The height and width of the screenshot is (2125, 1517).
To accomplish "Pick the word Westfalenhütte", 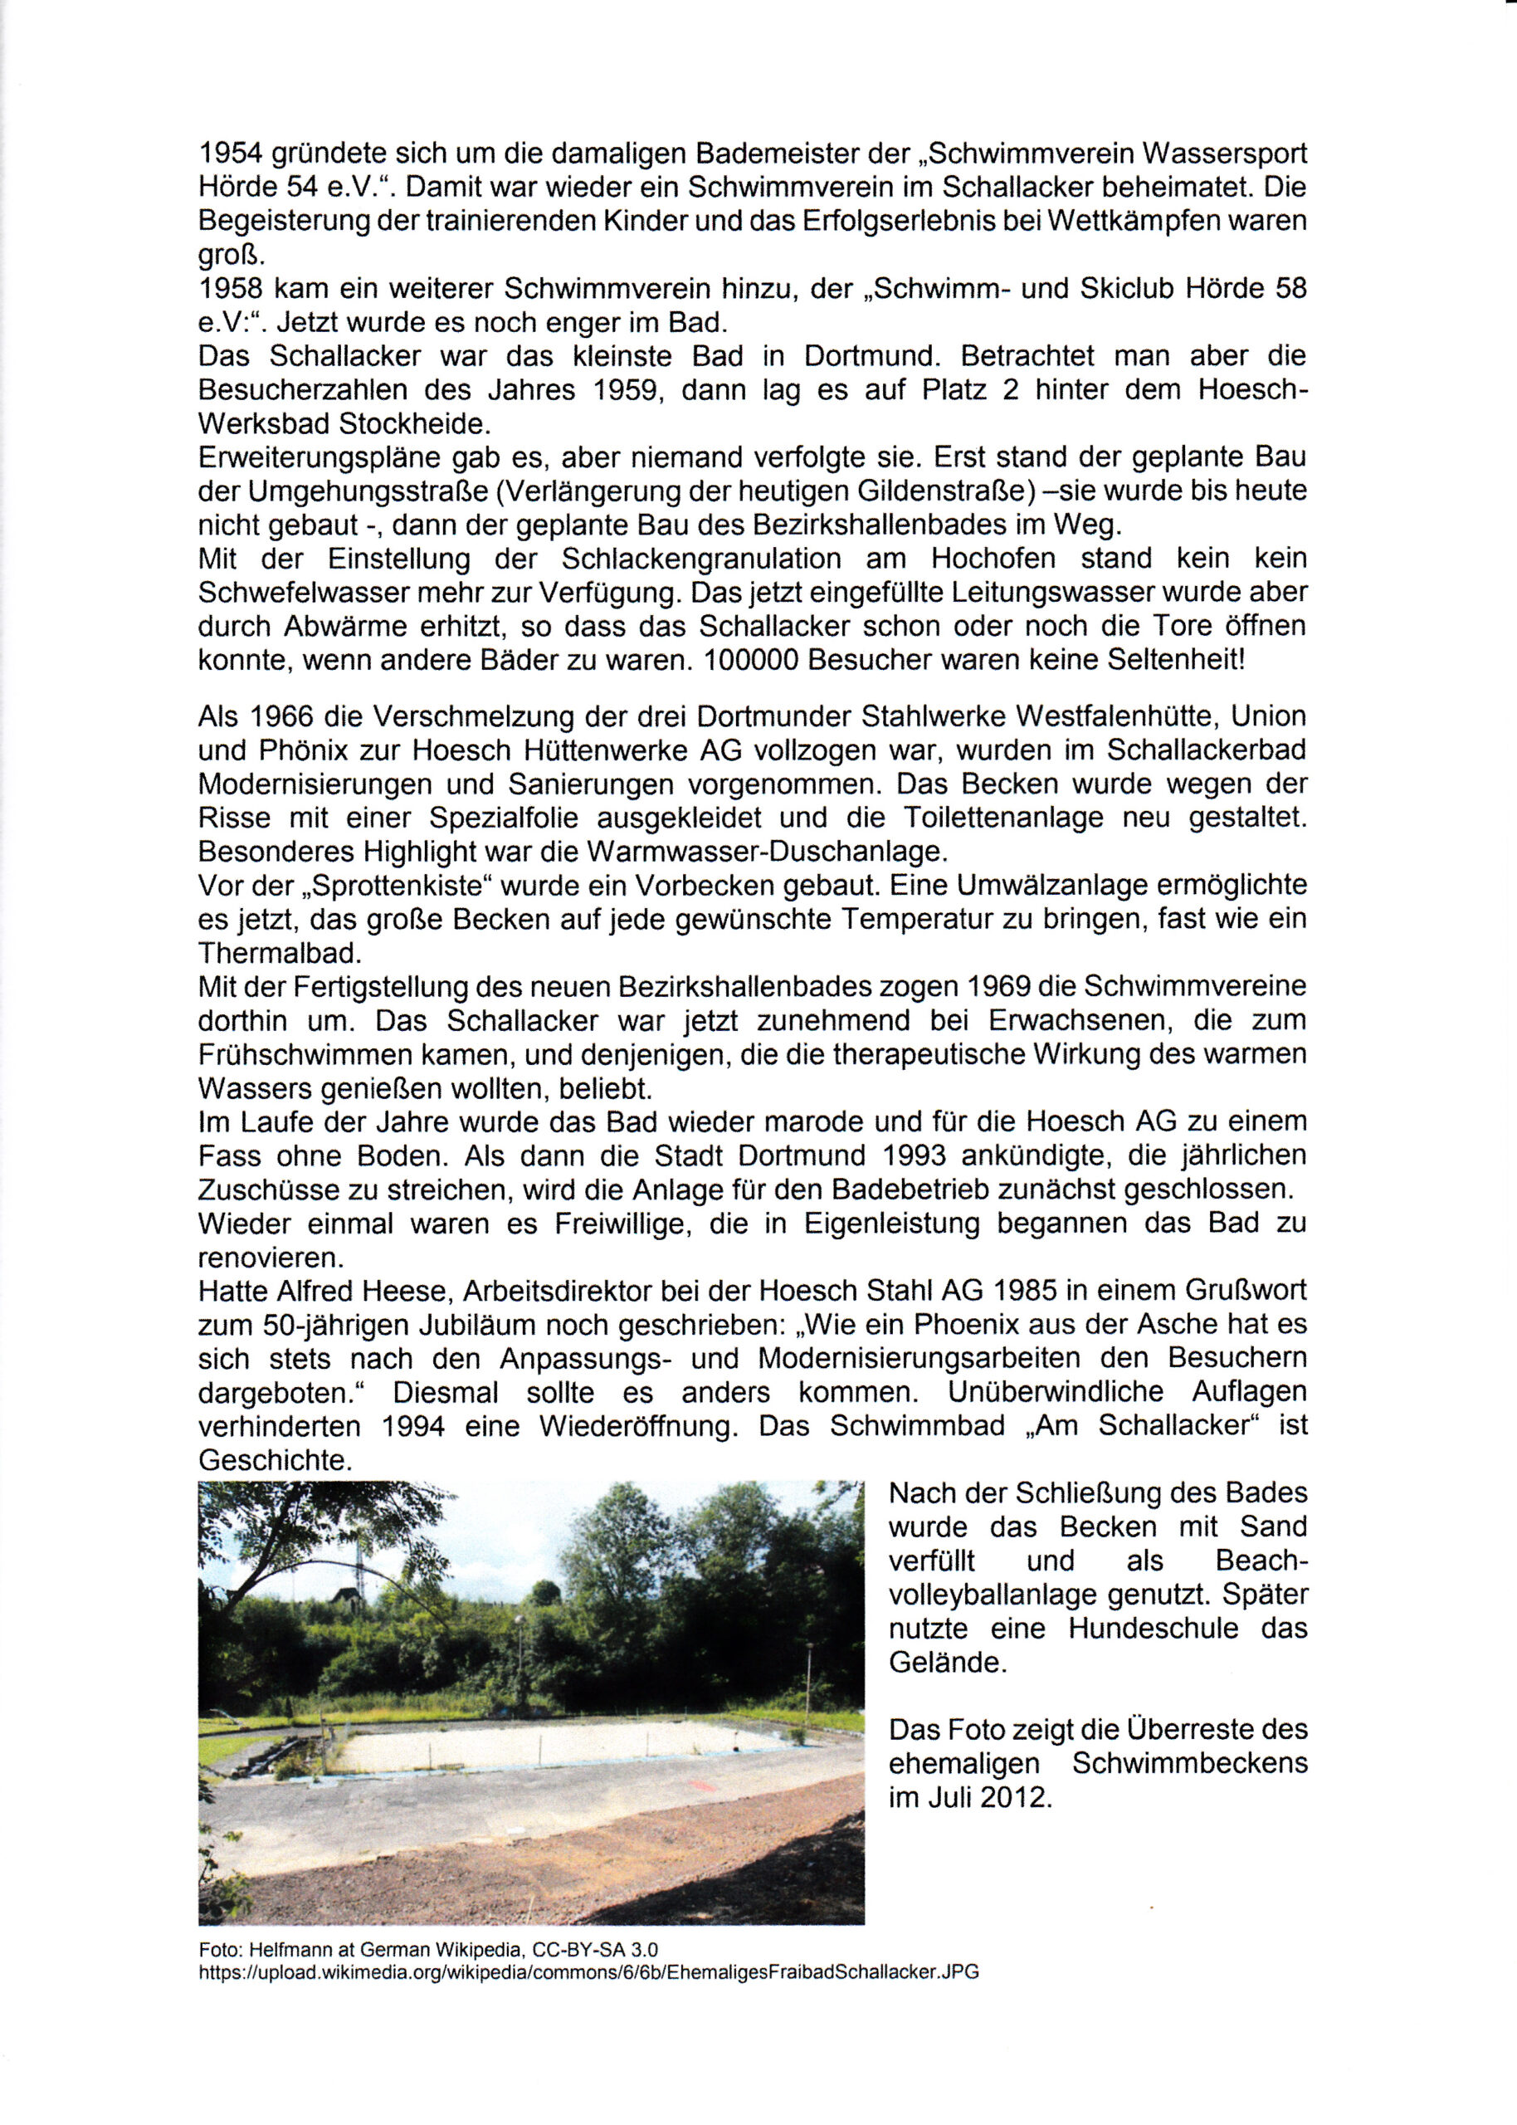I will [1116, 716].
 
